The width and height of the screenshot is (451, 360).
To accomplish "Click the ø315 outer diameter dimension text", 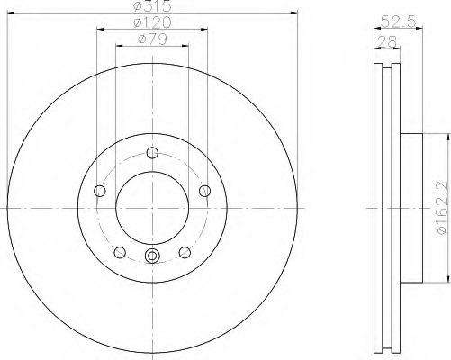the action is coord(152,6).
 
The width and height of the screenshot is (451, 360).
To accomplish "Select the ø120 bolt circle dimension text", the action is coord(152,22).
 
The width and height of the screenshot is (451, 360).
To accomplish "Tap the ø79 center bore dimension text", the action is coord(152,40).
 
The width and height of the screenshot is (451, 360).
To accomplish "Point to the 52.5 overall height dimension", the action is coord(399,22).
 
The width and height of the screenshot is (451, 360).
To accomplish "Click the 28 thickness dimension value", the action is coord(387,41).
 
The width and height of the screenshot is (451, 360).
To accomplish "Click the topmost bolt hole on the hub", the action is coord(152,153).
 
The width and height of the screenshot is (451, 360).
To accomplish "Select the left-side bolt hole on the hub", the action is coord(100,191).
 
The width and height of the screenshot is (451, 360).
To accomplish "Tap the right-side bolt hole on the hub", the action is coord(205,191).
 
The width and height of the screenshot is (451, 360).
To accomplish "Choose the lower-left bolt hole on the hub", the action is coord(120,252).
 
